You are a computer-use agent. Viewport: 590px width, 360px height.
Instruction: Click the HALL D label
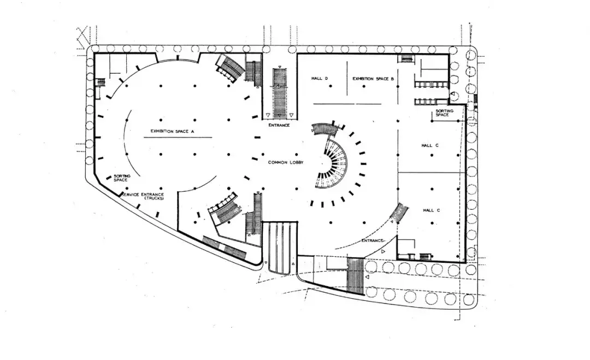[320, 79]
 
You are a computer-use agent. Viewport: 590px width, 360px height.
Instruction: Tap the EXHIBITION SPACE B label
[373, 79]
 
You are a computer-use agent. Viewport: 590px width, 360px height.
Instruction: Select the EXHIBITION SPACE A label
[173, 131]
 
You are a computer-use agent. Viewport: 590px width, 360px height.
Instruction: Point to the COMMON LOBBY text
[286, 162]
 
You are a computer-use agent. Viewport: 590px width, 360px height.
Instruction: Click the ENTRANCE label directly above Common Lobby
[279, 126]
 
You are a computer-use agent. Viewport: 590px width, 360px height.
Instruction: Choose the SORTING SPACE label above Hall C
[442, 114]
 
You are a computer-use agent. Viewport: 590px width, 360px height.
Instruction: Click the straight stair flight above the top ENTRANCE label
[280, 93]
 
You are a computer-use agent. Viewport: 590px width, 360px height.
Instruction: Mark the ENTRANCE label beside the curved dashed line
[373, 240]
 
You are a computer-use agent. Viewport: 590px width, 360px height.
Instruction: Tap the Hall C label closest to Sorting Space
[430, 145]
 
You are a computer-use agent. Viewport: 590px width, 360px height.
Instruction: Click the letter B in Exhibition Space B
[393, 79]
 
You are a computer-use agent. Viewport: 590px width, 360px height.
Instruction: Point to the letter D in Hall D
[326, 79]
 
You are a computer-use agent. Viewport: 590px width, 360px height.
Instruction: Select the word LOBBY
[296, 162]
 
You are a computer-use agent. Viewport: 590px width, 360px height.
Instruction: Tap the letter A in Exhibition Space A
[193, 131]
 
